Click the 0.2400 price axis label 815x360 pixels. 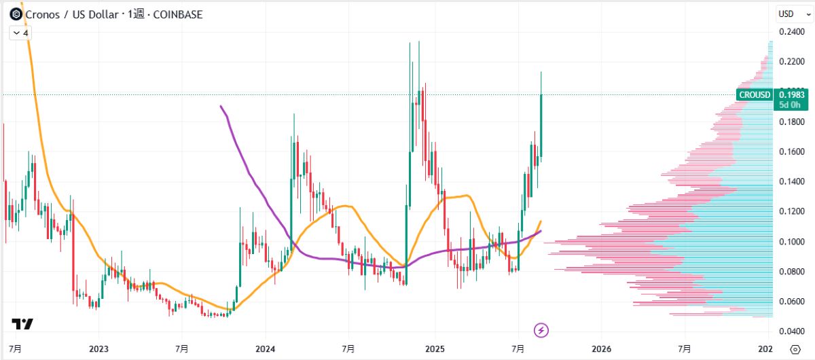(791, 32)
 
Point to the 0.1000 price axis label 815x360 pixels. (791, 242)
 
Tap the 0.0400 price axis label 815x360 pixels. (791, 331)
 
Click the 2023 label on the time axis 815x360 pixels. (98, 349)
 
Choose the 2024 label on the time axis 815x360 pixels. (266, 349)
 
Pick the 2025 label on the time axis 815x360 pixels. (434, 349)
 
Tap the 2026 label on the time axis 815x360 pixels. (601, 349)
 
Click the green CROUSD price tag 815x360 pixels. (755, 95)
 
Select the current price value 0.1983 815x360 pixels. (792, 95)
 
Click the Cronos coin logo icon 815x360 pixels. (16, 14)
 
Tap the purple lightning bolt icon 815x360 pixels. (541, 331)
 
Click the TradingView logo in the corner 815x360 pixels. (22, 325)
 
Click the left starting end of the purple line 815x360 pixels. (221, 106)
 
